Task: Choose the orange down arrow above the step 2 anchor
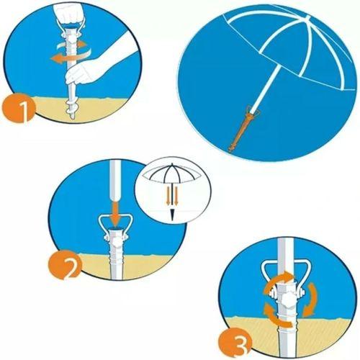116,209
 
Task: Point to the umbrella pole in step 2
116,173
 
